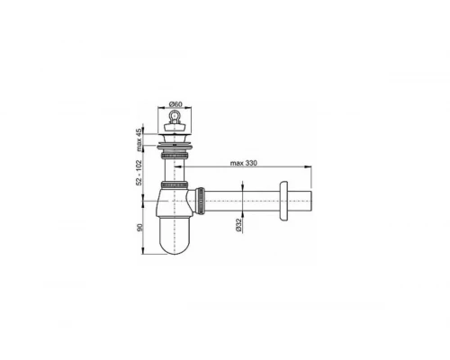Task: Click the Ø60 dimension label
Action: pyautogui.click(x=175, y=104)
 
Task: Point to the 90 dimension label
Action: pyautogui.click(x=139, y=227)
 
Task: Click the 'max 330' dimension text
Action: pyautogui.click(x=244, y=163)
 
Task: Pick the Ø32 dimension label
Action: pyautogui.click(x=238, y=225)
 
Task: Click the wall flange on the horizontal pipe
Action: pyautogui.click(x=283, y=201)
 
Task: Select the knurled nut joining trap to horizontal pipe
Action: pyautogui.click(x=200, y=201)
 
